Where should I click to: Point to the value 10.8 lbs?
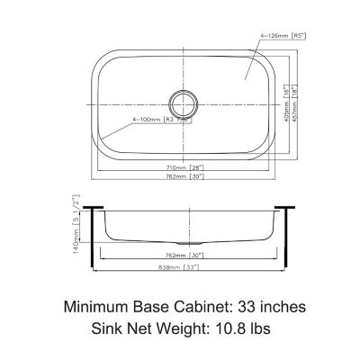click(x=246, y=330)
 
